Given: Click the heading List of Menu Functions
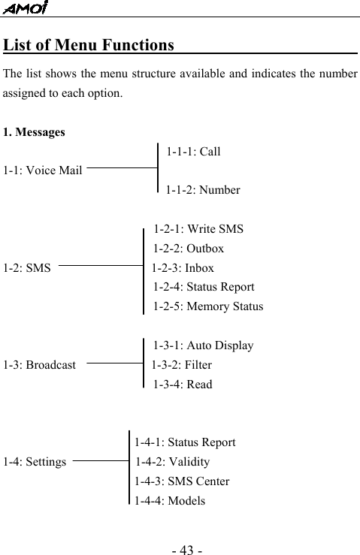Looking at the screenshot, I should click(89, 45).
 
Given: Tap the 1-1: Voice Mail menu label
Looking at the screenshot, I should click(43, 170).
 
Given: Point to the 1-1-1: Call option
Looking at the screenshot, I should click(193, 152).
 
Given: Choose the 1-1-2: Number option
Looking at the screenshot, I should click(203, 190).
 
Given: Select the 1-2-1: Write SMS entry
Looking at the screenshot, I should click(198, 229).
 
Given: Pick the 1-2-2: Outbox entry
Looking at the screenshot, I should click(188, 249).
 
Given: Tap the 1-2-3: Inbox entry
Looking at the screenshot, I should click(183, 267).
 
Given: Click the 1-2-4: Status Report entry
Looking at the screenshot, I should click(204, 287).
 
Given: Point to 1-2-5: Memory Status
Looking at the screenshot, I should click(208, 306).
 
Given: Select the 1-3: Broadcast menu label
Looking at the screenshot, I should click(39, 365).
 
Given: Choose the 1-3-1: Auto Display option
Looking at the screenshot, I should click(203, 346).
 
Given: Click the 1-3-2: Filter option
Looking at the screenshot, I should click(182, 365).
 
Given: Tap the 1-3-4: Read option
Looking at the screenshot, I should click(183, 385).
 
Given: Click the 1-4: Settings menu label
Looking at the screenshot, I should click(35, 462).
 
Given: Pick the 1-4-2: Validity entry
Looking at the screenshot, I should click(172, 462).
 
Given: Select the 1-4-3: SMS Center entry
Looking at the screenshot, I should click(182, 481).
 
